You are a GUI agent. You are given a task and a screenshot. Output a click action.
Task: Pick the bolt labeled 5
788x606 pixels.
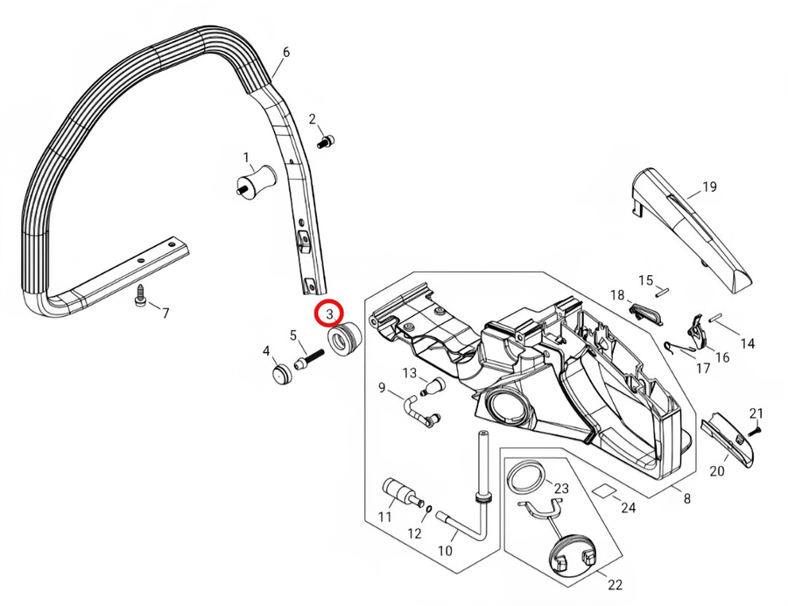(x=311, y=359)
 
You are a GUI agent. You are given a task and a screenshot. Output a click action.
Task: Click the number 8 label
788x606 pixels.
(x=687, y=499)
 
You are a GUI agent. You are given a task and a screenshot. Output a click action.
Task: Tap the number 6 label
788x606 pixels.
(x=286, y=52)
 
